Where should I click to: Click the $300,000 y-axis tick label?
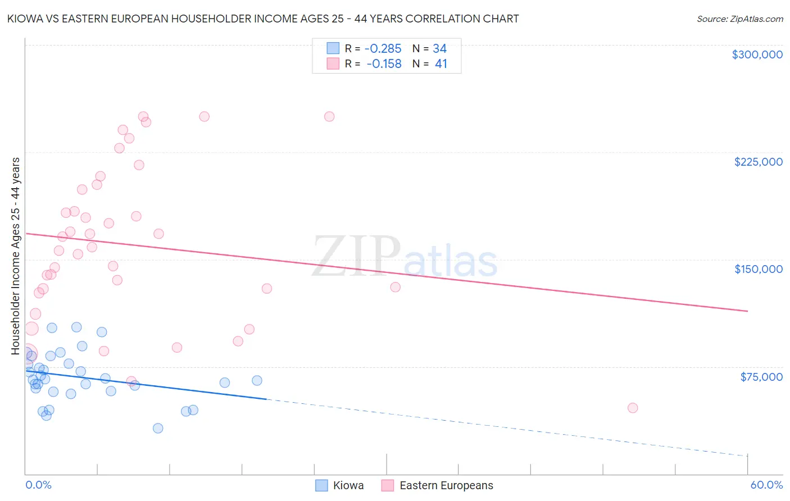(757, 54)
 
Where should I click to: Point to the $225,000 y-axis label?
(758, 162)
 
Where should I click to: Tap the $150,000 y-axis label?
(758, 269)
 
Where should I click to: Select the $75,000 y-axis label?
(761, 377)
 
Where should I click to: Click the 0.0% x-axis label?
(38, 485)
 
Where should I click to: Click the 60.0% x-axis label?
(766, 485)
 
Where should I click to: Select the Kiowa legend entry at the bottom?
(340, 485)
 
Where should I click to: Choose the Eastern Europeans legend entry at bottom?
(437, 485)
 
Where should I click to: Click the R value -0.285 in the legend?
(383, 49)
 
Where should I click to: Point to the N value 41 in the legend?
(441, 64)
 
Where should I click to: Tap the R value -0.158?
(384, 64)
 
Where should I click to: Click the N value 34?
(439, 49)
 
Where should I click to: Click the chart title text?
(262, 19)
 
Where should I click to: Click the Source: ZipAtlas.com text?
(739, 19)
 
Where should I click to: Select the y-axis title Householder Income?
(15, 256)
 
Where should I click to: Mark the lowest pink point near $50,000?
(633, 408)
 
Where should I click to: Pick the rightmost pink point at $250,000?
(329, 117)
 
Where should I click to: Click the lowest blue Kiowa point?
(158, 428)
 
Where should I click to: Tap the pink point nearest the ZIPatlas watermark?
(396, 287)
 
